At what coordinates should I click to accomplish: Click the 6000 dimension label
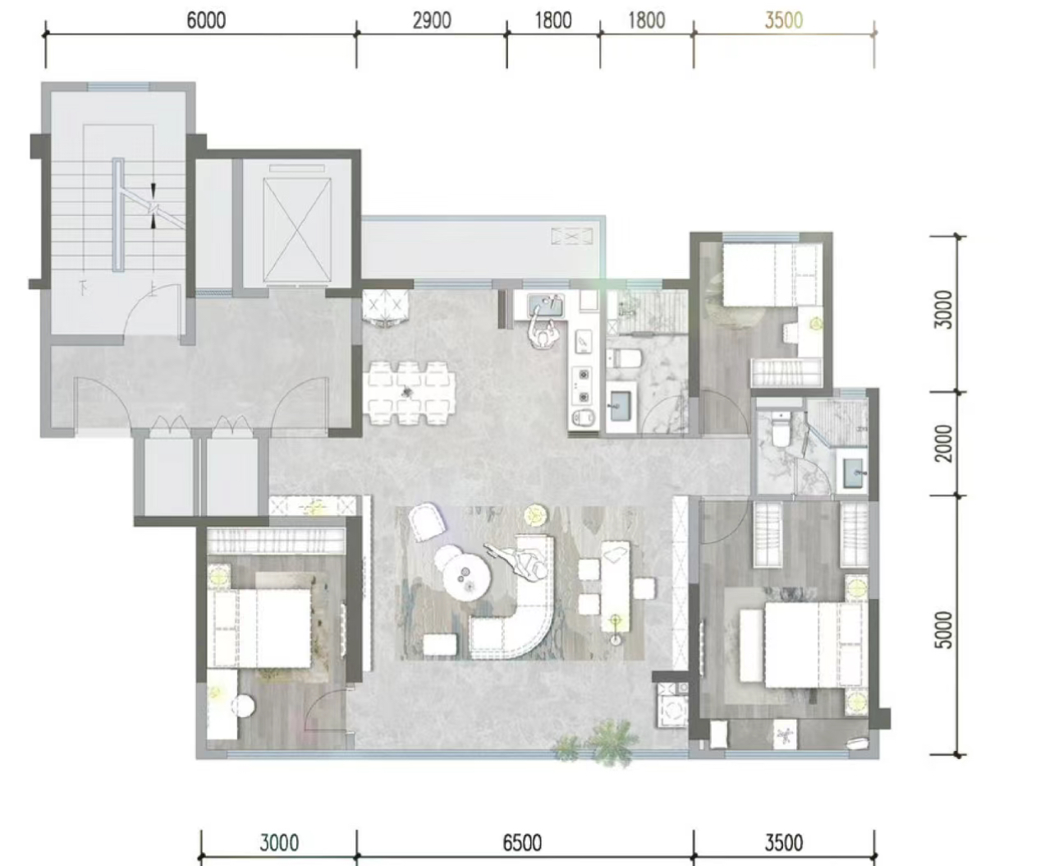pyautogui.click(x=206, y=21)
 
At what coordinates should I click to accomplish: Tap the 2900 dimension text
pyautogui.click(x=432, y=21)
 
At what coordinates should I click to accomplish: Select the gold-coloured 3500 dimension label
pyautogui.click(x=784, y=21)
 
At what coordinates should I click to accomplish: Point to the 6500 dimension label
pyautogui.click(x=522, y=843)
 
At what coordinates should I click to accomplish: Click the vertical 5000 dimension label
pyautogui.click(x=943, y=630)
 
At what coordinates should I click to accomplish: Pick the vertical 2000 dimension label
pyautogui.click(x=943, y=443)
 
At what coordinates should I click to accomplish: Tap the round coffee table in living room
pyautogui.click(x=468, y=578)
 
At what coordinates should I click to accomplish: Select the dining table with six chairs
pyautogui.click(x=410, y=394)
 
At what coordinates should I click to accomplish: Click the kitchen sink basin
pyautogui.click(x=546, y=305)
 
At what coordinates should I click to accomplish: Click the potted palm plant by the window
pyautogui.click(x=611, y=741)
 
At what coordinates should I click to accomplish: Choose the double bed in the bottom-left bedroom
pyautogui.click(x=260, y=628)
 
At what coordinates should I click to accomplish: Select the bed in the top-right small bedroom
pyautogui.click(x=772, y=274)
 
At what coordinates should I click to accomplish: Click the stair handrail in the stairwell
pyautogui.click(x=118, y=214)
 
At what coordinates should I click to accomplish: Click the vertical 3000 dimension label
pyautogui.click(x=943, y=309)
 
